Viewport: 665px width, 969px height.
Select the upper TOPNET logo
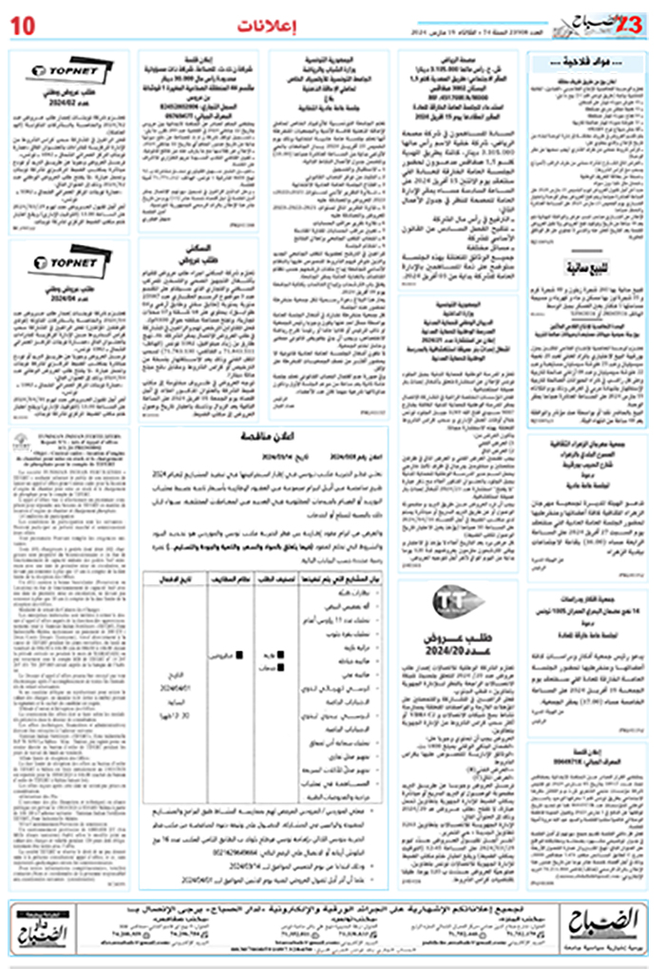(x=64, y=69)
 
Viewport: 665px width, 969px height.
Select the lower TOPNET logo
(x=63, y=260)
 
